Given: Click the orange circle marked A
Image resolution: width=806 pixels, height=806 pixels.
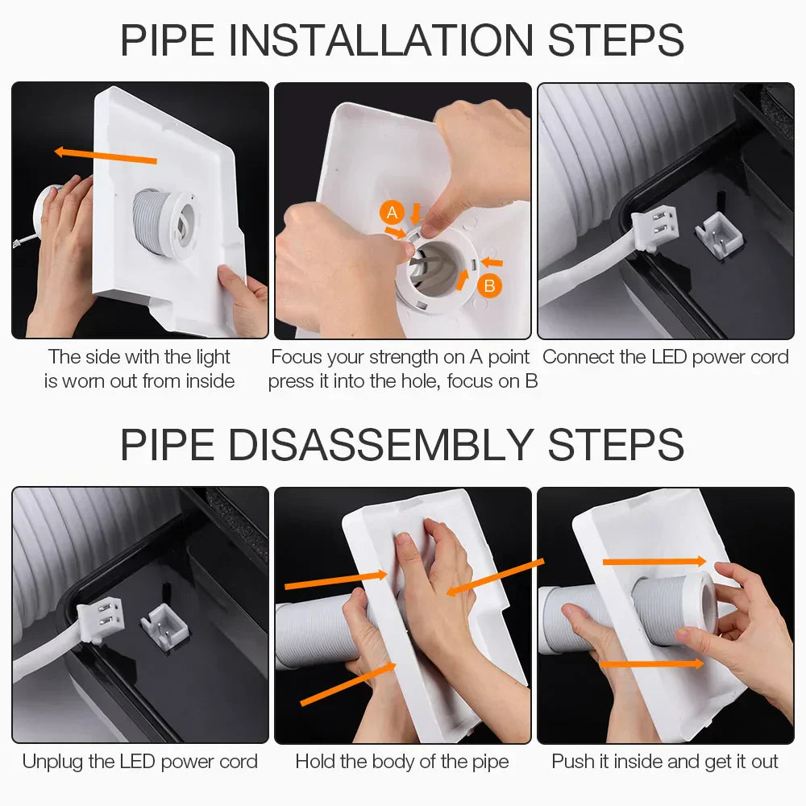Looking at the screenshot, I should point(392,213).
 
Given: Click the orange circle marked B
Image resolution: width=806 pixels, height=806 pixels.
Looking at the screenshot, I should point(488,285).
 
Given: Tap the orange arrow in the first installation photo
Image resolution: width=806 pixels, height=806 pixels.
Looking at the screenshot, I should point(105,155).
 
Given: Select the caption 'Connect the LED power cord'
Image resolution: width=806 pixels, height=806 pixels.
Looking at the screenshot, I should point(666,357).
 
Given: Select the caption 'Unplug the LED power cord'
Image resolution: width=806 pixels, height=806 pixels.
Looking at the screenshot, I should point(140,762).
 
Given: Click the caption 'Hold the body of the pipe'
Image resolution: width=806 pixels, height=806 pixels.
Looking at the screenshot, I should point(402,762).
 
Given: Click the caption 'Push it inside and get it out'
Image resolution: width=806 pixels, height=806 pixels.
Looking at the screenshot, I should point(665,762).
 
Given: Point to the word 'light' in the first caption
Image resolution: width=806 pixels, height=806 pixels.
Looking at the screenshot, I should point(213,357).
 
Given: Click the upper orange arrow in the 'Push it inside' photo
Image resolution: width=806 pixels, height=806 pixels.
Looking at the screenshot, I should point(654,561).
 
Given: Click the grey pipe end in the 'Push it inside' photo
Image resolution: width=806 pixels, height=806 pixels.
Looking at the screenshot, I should point(674,609).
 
